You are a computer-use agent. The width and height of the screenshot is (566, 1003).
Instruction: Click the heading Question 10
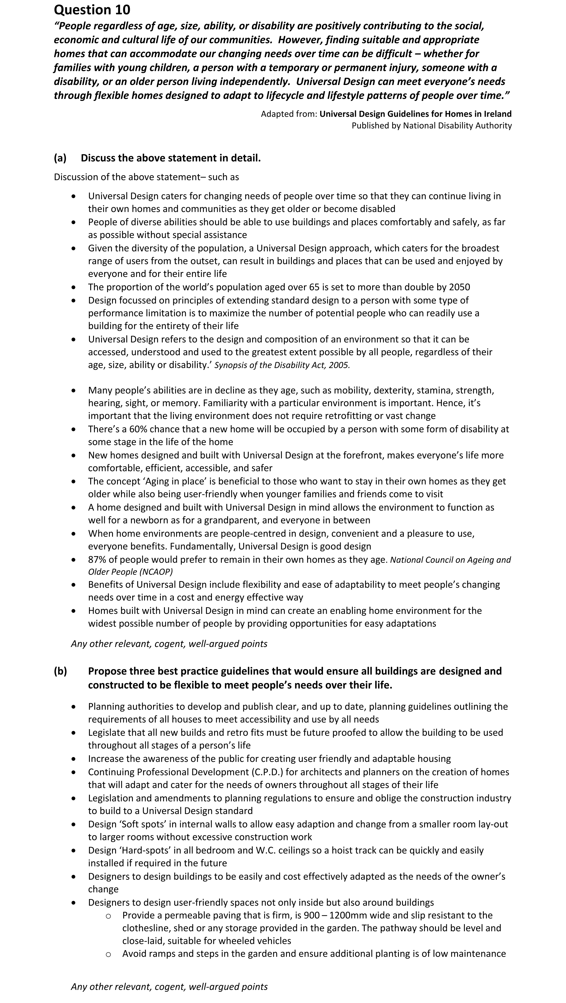coord(92,10)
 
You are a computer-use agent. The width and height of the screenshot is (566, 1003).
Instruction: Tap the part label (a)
coord(60,158)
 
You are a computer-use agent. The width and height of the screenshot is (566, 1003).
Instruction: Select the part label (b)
coord(60,671)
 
